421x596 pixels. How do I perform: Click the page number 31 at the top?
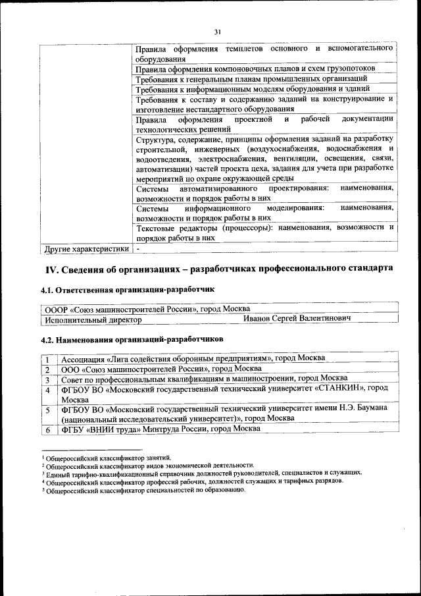point(218,32)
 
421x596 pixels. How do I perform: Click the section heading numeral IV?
point(52,269)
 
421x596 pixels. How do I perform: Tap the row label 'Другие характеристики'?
point(86,249)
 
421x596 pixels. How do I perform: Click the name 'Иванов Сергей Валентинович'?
point(297,319)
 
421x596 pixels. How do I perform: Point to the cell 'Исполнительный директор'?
point(93,319)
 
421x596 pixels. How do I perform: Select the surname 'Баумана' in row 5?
point(368,408)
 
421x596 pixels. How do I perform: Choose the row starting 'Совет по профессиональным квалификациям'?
point(204,378)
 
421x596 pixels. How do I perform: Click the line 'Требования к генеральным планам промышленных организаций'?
point(251,78)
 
